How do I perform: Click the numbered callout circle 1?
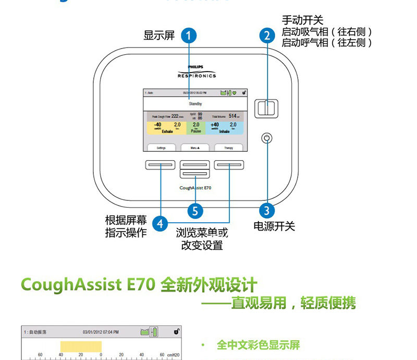coord(189,36)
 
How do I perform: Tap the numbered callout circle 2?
coord(267,36)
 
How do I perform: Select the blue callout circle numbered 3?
coord(267,211)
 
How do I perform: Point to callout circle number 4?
coord(161,224)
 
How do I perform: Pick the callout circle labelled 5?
coord(195,211)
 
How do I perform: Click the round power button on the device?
coord(267,138)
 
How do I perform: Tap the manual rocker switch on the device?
coord(267,108)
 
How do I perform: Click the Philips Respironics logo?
coord(196,72)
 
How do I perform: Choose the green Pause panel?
coord(195,127)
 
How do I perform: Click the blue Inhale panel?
coord(227,127)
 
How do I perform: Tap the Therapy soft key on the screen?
coord(228,148)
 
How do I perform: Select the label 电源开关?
coord(274,226)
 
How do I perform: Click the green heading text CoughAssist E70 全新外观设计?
coord(139,285)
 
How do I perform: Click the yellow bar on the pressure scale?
coord(81,347)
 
